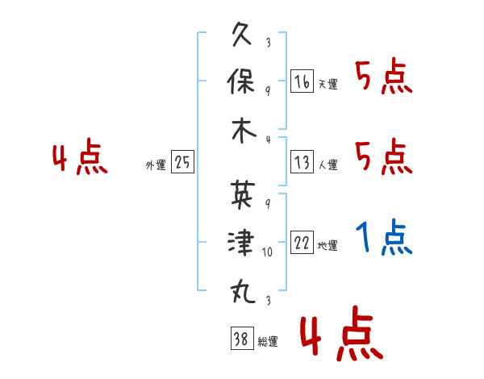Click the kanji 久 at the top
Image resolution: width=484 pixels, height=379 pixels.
242,35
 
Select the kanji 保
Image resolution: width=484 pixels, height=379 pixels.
241,81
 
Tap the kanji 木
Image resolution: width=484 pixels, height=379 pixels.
244,131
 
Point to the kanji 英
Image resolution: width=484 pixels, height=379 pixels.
243,194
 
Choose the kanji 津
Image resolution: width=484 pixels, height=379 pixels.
241,242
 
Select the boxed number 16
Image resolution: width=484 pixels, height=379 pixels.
302,81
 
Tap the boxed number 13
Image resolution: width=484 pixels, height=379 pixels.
302,162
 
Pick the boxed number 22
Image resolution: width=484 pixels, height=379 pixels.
302,242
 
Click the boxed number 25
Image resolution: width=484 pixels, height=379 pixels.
182,162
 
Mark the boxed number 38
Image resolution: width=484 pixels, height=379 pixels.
242,338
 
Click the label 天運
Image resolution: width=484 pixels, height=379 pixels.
328,84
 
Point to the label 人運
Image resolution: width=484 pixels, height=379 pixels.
328,165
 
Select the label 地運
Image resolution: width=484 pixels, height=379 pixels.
328,245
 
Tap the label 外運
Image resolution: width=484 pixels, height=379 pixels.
156,165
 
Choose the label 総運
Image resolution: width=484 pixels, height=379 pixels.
268,341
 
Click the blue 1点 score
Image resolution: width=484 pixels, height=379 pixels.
384,237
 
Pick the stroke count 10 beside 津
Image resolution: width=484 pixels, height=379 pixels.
267,252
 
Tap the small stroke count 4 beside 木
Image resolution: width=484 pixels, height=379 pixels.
269,140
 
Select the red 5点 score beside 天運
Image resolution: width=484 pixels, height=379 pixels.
384,76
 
